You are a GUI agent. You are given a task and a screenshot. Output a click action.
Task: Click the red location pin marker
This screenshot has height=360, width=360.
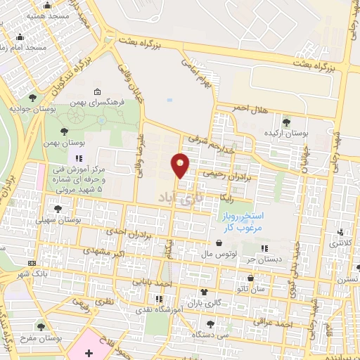pyautogui.click(x=181, y=165)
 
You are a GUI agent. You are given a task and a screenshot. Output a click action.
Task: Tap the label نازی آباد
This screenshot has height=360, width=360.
pyautogui.click(x=185, y=196)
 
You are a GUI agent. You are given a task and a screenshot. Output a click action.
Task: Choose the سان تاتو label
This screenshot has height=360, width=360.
pyautogui.click(x=270, y=288)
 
